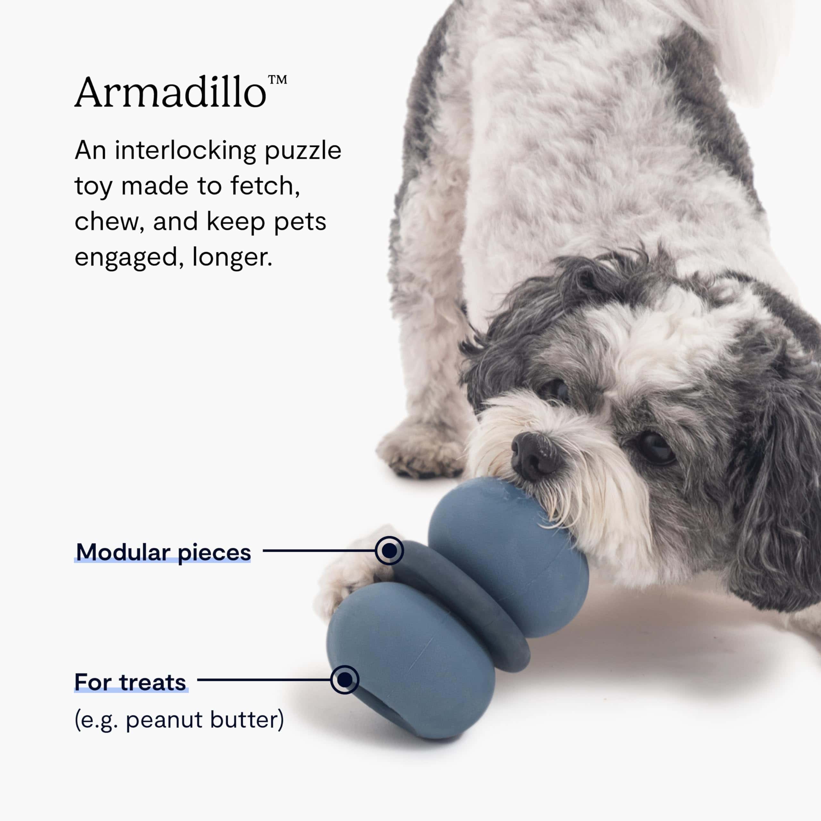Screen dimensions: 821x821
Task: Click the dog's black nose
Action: coord(535,456)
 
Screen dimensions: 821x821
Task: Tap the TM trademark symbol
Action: coord(277,80)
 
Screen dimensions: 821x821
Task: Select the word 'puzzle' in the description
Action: coord(303,152)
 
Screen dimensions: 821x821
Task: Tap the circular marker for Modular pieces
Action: coord(389,550)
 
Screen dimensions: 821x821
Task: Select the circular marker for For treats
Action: coord(345,680)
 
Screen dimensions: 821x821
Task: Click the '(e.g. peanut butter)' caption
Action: coord(179,720)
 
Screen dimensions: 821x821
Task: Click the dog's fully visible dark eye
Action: coord(655,448)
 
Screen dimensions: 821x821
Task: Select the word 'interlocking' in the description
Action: coord(185,152)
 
